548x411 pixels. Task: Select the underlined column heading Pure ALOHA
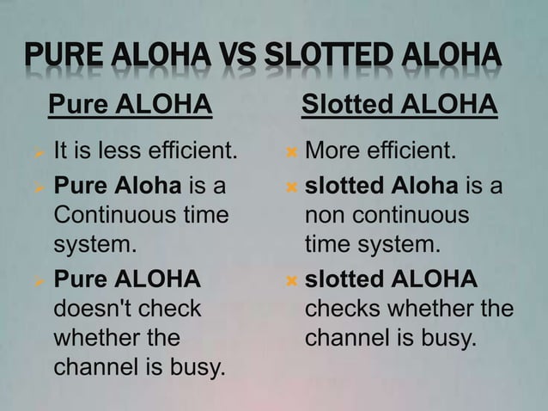(130, 106)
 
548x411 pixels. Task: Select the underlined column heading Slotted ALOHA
(399, 106)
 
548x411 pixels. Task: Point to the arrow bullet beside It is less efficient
(38, 155)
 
